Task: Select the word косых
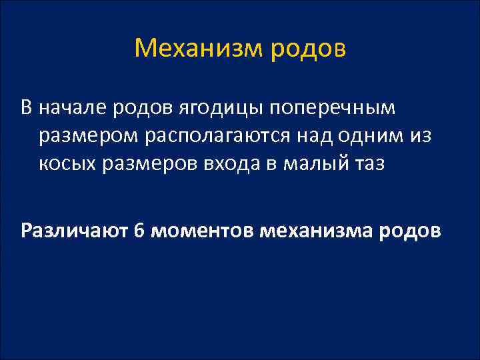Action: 66,164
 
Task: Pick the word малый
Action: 313,164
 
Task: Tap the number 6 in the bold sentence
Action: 139,231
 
